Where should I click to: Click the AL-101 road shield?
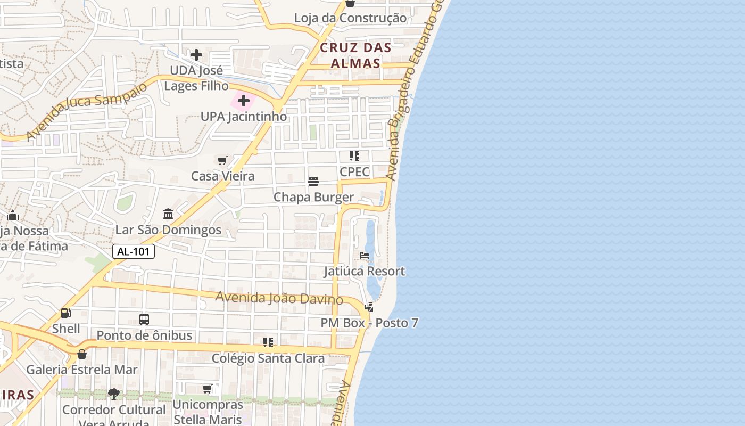coord(134,251)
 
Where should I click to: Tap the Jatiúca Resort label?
coord(365,271)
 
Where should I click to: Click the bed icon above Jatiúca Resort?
coord(365,256)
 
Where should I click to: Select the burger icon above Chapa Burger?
coord(313,182)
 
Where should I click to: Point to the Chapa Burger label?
coord(313,197)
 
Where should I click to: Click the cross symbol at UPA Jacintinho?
coord(244,101)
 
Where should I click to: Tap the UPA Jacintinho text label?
coord(244,116)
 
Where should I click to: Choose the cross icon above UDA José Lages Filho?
coord(196,54)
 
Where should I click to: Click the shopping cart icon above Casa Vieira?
coord(222,160)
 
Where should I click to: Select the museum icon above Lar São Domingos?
coord(168,214)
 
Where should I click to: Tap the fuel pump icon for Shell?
coord(66,313)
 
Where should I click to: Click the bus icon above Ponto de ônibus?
coord(144,319)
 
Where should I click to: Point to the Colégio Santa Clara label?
coord(268,358)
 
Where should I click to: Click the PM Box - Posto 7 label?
coord(369,323)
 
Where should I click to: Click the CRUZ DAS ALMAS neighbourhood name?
coord(355,55)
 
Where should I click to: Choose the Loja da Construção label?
coord(350,18)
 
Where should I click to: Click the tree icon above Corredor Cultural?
coord(113,394)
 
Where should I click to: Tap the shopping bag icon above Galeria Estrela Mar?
coord(82,354)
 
